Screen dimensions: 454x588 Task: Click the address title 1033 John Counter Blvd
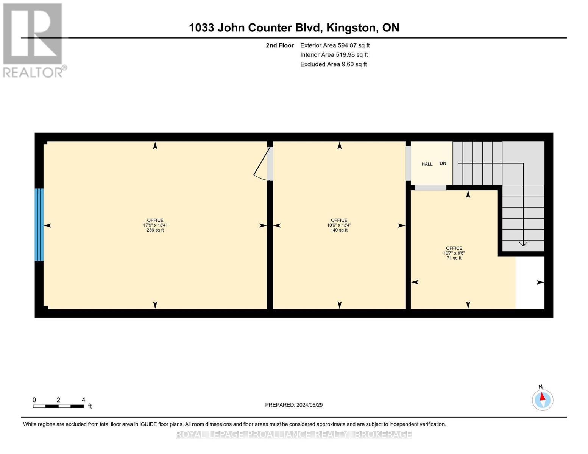(294, 28)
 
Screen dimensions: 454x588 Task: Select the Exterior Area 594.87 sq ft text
(335, 45)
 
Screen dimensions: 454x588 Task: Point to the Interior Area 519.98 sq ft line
(334, 55)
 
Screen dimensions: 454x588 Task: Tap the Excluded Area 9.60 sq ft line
(333, 64)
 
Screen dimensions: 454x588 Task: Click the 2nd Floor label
(280, 45)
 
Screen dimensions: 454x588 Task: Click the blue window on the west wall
(39, 225)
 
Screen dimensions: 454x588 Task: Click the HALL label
(427, 164)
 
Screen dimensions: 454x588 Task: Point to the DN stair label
(443, 163)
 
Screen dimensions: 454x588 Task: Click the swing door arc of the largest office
(261, 166)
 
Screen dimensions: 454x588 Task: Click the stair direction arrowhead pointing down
(523, 244)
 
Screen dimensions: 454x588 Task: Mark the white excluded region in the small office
(530, 282)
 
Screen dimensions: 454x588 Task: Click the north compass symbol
(542, 399)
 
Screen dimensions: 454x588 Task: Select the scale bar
(58, 406)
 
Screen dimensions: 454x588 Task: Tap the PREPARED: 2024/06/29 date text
(294, 405)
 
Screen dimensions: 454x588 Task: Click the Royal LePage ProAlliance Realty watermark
(294, 434)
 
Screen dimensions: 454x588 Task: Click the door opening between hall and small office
(430, 188)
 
